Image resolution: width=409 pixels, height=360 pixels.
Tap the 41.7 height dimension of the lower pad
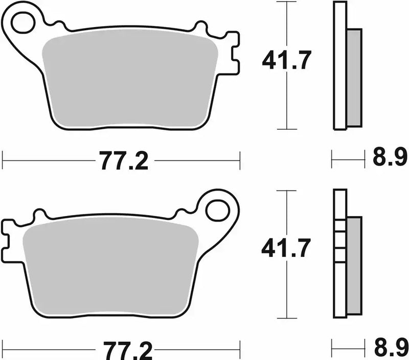(286, 249)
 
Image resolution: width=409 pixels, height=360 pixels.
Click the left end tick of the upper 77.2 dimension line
(3, 160)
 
